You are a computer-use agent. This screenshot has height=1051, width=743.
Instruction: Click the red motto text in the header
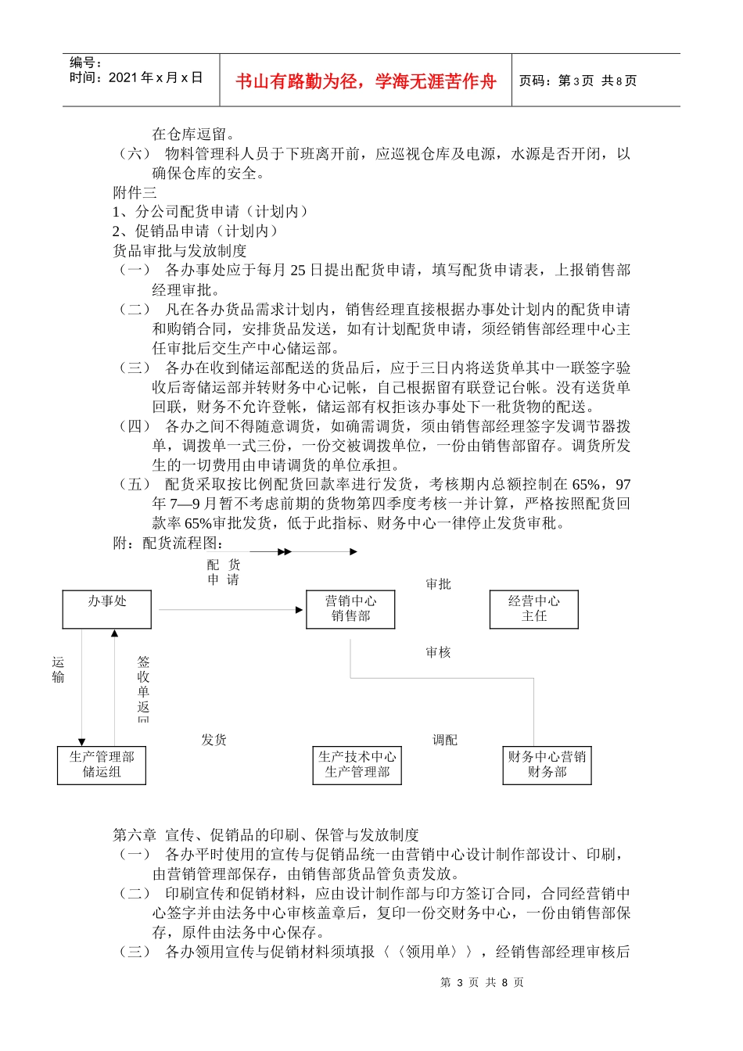pos(365,81)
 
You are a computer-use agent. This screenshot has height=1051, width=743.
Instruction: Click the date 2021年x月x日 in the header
pos(136,77)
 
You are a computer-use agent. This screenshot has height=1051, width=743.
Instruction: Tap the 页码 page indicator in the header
pos(578,81)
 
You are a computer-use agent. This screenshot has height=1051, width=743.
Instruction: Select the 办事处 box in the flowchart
pos(107,609)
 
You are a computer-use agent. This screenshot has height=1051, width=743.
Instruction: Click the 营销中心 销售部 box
pos(350,609)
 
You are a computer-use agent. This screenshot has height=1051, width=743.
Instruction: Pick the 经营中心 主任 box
pos(534,609)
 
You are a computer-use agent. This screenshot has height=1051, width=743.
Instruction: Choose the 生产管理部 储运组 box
pos(102,765)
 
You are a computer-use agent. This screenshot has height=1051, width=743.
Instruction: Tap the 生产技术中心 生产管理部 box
pos(357,765)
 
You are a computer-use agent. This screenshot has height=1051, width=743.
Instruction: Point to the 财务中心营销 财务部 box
pos(547,765)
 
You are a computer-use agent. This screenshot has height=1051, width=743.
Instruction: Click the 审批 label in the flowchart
pos(438,584)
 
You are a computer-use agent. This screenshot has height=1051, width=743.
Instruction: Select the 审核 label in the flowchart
pos(438,652)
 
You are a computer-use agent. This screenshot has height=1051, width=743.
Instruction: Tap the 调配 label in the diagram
pos(445,740)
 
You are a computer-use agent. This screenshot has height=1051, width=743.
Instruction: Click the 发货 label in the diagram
pos(214,740)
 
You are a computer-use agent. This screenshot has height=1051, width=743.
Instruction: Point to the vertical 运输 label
pos(58,670)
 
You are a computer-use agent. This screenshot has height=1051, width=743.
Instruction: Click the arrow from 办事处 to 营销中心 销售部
pos(232,610)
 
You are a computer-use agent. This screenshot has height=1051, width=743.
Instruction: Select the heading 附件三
pos(135,192)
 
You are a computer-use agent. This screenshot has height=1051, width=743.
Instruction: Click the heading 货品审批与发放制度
pos(180,251)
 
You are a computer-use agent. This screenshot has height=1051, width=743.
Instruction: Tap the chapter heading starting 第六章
pos(266,835)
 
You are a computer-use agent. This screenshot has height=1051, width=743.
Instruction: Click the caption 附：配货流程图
pos(169,543)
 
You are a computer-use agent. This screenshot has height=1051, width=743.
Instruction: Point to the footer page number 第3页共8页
pos(482,982)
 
